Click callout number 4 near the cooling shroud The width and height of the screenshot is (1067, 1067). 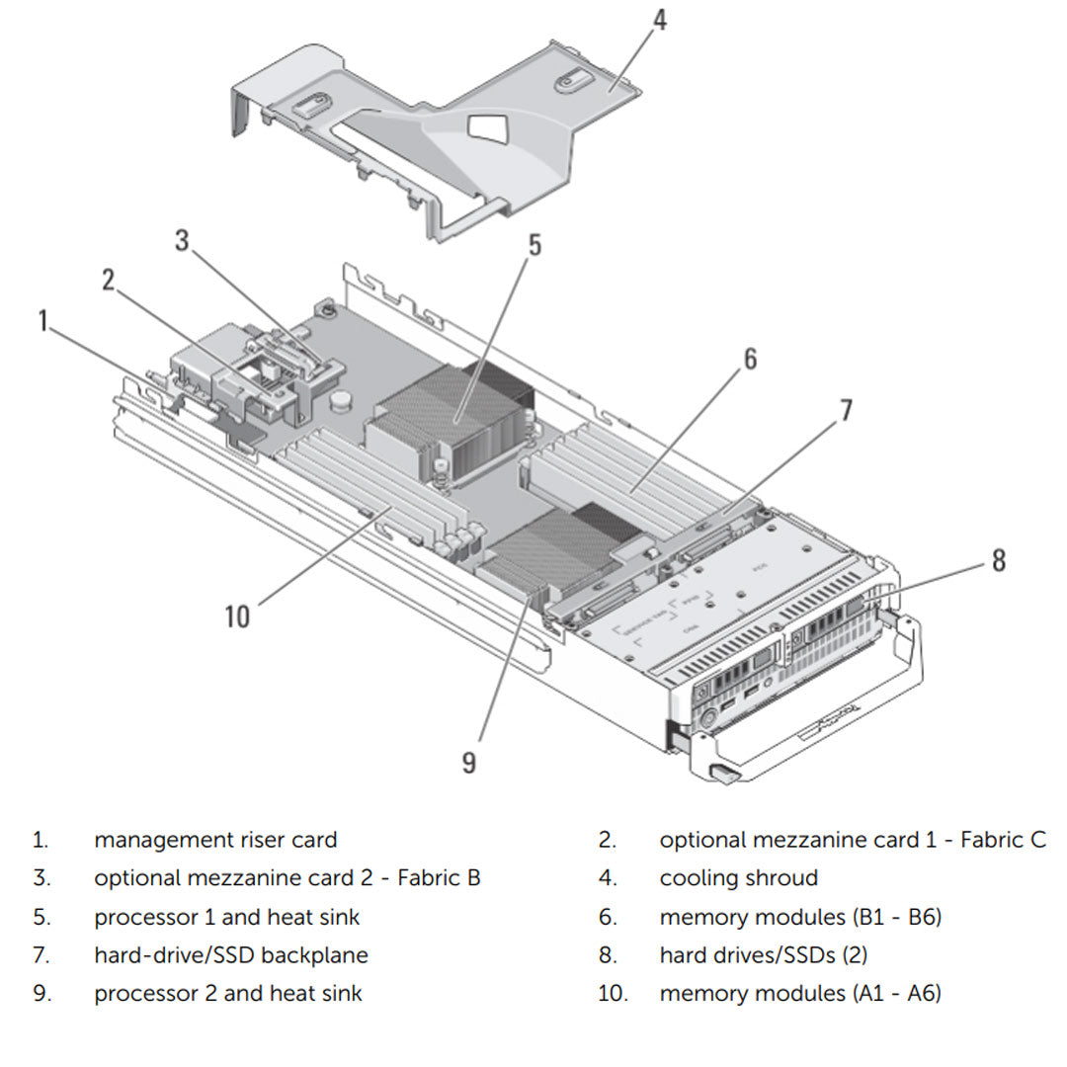tap(659, 19)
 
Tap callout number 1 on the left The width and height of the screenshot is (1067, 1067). tap(42, 321)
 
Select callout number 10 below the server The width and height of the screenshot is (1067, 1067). tap(237, 616)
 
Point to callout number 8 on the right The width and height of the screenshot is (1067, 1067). tap(998, 560)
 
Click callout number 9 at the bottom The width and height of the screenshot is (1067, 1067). tap(468, 762)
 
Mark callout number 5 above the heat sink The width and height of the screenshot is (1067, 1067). tap(534, 244)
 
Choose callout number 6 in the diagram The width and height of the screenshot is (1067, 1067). tap(750, 359)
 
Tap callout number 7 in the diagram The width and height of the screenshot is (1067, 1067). tap(846, 410)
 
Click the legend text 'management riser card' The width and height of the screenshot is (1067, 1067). tap(215, 840)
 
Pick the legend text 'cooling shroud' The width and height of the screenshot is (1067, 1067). tap(738, 877)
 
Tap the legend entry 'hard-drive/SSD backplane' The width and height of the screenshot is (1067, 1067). tap(231, 955)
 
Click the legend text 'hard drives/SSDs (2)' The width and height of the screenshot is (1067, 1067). tap(763, 955)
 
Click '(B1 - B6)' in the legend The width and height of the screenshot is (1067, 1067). tap(896, 917)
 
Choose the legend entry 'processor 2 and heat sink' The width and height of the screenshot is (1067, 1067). tap(228, 993)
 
